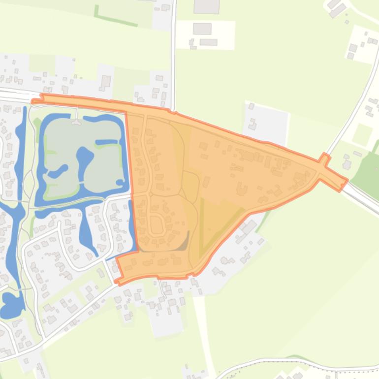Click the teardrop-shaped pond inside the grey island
point(85,158)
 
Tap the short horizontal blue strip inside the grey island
point(106,142)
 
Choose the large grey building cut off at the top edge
point(206,6)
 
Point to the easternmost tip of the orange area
point(347,181)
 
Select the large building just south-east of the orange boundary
point(248,228)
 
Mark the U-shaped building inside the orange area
point(242,189)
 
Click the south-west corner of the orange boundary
point(118,281)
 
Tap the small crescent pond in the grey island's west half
point(58,171)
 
